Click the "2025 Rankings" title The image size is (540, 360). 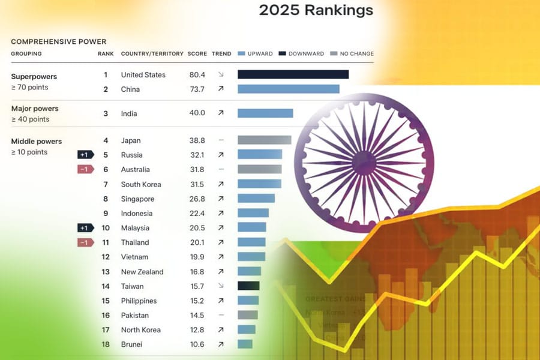(x=316, y=10)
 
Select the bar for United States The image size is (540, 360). (x=293, y=74)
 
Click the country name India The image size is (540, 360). (x=129, y=113)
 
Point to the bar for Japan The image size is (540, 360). (x=264, y=140)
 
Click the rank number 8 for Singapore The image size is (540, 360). (x=106, y=199)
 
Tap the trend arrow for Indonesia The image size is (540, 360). (x=221, y=214)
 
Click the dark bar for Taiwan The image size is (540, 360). (x=248, y=286)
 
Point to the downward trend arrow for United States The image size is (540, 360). (x=221, y=75)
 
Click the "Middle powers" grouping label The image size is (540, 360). (x=37, y=142)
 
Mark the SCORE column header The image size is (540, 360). (x=197, y=54)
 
